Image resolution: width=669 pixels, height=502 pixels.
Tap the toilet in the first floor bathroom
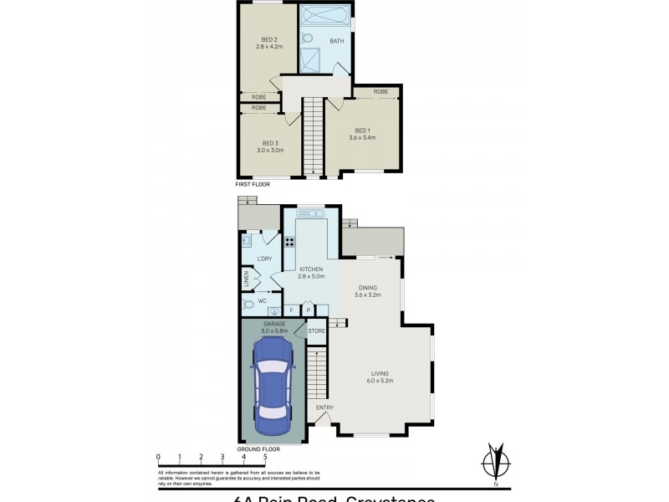tap(306, 38)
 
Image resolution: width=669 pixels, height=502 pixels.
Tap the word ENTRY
tap(324, 407)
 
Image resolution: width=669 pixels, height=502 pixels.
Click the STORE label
tap(316, 331)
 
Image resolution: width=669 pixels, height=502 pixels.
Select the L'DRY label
tap(265, 258)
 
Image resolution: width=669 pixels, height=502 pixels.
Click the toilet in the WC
tap(248, 305)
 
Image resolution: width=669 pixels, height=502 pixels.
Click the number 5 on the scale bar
tap(265, 457)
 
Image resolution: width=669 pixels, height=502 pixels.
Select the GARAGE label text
tap(274, 323)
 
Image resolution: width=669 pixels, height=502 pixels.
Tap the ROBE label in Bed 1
tap(380, 91)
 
